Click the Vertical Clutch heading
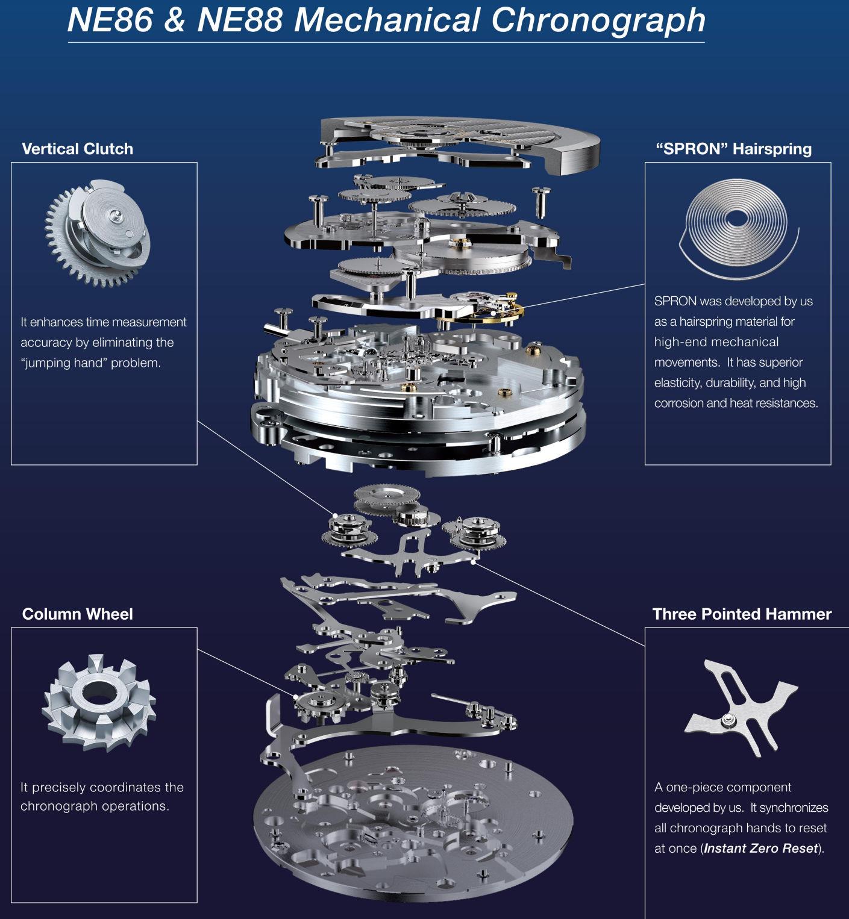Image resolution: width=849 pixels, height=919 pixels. [x=77, y=149]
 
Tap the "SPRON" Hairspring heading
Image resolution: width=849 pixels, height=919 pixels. [x=733, y=149]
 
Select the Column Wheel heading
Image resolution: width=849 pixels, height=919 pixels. [x=77, y=614]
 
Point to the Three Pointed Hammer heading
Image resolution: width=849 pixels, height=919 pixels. [x=742, y=614]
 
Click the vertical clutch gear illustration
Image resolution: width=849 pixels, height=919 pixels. [x=96, y=232]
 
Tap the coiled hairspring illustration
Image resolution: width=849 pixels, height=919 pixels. [x=738, y=232]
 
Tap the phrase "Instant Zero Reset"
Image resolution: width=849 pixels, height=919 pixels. [x=761, y=849]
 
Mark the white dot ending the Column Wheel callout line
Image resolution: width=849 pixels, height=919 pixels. [x=296, y=696]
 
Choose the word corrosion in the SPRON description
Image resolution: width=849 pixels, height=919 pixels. [x=678, y=403]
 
